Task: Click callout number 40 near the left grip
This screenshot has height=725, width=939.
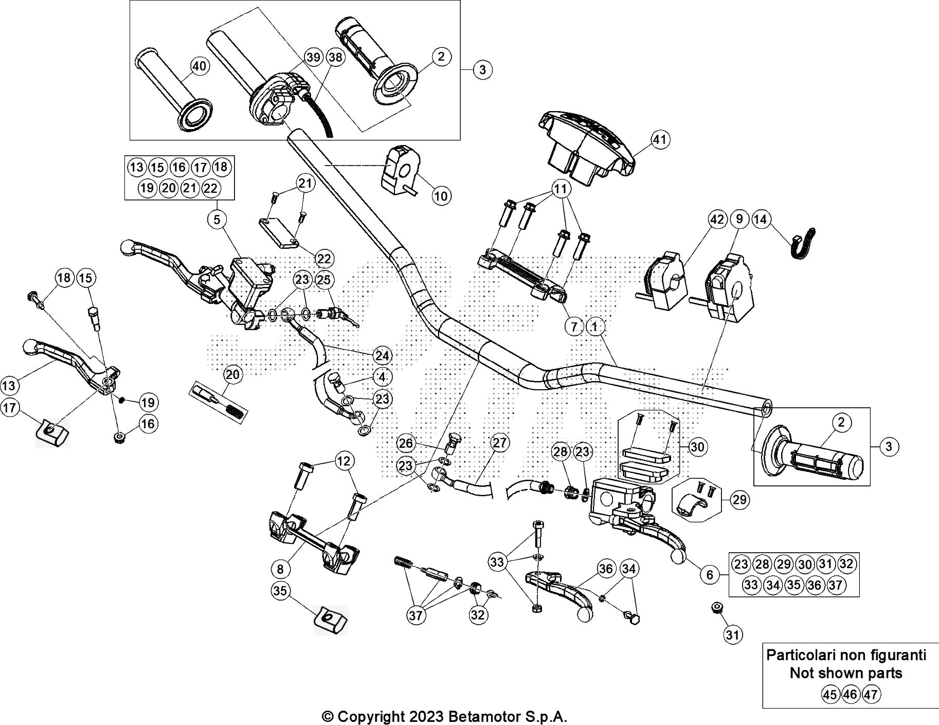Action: point(200,66)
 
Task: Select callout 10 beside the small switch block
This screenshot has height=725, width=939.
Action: point(441,195)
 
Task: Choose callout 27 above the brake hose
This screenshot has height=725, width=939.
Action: point(499,443)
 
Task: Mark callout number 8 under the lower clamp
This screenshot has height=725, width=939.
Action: point(280,569)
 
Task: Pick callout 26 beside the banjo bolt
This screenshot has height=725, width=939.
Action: point(406,443)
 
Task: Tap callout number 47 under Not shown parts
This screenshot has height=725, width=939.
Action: point(870,695)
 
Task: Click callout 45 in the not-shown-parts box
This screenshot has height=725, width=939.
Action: point(829,695)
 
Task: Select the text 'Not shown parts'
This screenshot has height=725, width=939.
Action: point(846,673)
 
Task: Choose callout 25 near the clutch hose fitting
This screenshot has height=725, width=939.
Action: point(324,280)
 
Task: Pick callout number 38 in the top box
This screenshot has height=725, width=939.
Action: point(335,57)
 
